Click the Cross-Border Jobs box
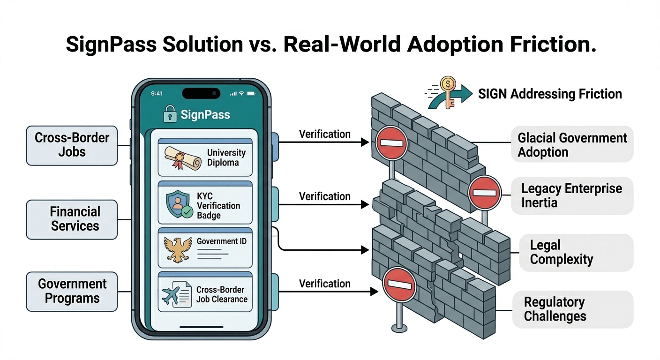[x=72, y=145]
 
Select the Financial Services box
[x=72, y=219]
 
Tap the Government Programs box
[x=72, y=291]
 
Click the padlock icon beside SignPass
[x=170, y=114]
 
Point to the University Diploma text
[x=226, y=157]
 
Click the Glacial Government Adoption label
[x=572, y=145]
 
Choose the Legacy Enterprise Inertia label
[x=572, y=195]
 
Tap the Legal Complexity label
[x=561, y=252]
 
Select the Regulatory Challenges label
[x=555, y=309]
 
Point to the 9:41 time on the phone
[x=157, y=93]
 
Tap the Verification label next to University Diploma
[x=325, y=134]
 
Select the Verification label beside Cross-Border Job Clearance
[x=325, y=284]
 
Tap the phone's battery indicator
[x=250, y=93]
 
